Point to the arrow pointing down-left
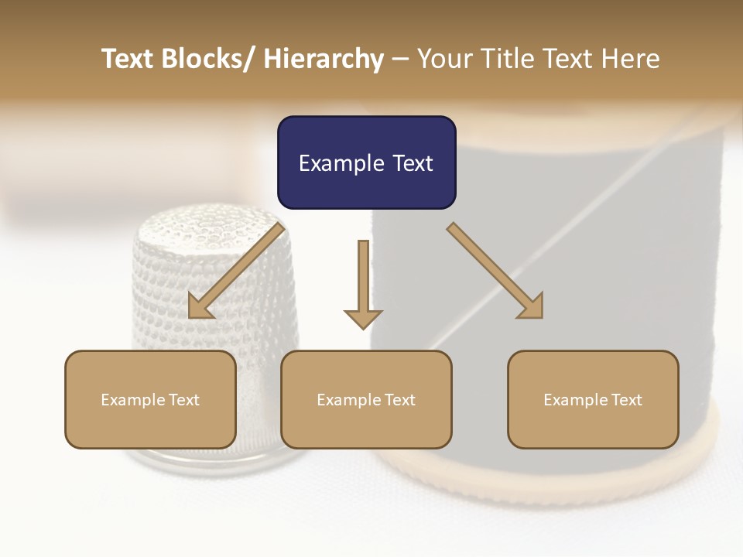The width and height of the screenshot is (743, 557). coord(236,272)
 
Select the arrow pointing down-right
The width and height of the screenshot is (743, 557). coord(495,272)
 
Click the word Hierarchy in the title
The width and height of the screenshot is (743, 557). coord(324,59)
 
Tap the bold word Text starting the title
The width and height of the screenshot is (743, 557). coord(128,59)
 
